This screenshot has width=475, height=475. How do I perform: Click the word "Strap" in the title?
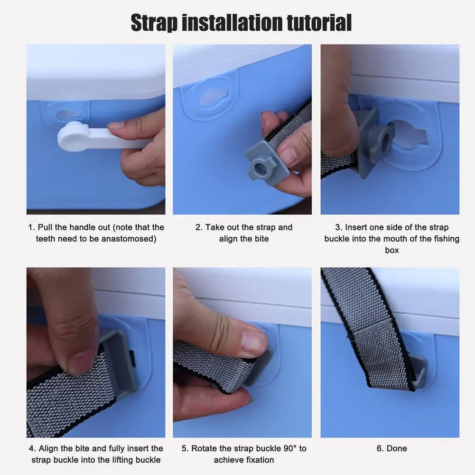pyautogui.click(x=154, y=23)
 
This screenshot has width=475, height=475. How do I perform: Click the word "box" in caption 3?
pyautogui.click(x=391, y=250)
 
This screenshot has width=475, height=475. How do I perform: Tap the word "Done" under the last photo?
pyautogui.click(x=396, y=448)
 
